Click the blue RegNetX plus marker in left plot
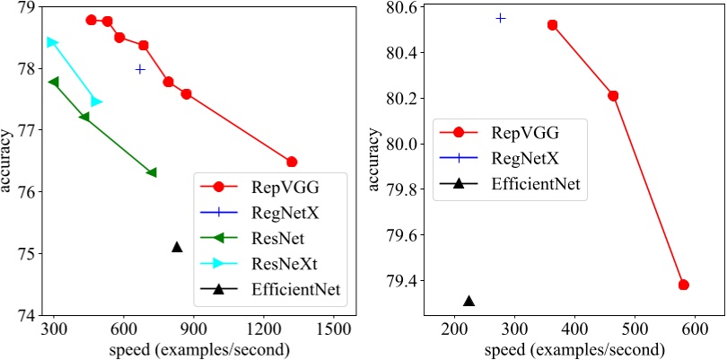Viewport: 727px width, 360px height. [140, 69]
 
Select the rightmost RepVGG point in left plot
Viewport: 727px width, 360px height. [292, 162]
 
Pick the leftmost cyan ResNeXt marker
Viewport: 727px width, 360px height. [52, 41]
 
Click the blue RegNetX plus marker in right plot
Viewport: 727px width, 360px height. [501, 18]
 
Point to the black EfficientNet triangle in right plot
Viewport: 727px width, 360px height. [469, 301]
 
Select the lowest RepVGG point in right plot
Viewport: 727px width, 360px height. [684, 285]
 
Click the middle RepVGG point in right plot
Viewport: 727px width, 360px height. [613, 96]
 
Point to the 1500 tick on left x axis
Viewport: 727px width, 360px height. [334, 329]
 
